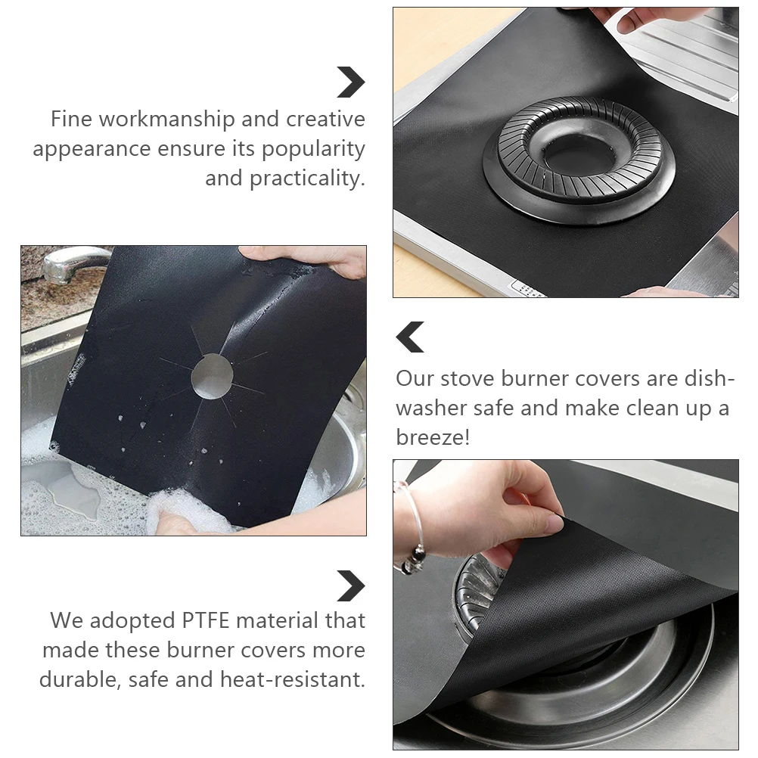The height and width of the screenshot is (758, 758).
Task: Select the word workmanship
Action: click(179, 120)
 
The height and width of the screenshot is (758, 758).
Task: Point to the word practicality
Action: click(307, 179)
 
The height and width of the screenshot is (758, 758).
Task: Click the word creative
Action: click(325, 120)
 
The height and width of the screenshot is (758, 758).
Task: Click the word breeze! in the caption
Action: click(433, 437)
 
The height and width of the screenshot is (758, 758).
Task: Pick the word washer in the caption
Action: click(430, 409)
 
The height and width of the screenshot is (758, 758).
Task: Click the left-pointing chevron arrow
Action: click(410, 337)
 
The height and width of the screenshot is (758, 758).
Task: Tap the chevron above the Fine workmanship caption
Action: click(351, 82)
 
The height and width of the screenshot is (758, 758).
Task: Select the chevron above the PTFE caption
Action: click(351, 586)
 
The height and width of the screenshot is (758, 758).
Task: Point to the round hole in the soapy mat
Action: click(213, 374)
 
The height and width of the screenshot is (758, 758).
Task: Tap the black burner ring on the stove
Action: click(579, 159)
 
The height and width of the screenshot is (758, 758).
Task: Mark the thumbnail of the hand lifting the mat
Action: click(565, 604)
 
